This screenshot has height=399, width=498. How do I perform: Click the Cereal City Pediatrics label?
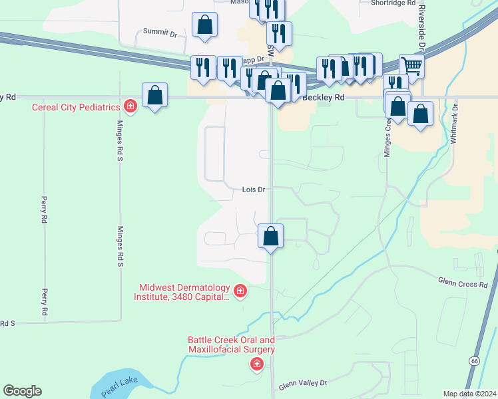click(x=77, y=107)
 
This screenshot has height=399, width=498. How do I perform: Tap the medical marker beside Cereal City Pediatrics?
click(x=130, y=106)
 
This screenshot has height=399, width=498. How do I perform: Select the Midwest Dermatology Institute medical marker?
click(x=240, y=291)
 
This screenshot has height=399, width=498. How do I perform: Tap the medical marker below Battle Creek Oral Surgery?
click(x=256, y=364)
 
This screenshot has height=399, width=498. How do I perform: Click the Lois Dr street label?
click(x=254, y=189)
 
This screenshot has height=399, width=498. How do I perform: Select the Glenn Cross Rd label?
click(x=463, y=284)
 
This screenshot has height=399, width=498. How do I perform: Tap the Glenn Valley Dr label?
click(x=303, y=383)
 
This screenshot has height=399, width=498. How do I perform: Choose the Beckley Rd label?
click(x=324, y=97)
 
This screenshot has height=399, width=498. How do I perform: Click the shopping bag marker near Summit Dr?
click(x=205, y=25)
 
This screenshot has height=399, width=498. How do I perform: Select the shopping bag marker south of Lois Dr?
click(x=271, y=236)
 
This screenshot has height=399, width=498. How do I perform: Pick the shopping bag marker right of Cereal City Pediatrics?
click(x=154, y=95)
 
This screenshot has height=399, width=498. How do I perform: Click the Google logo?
click(x=22, y=391)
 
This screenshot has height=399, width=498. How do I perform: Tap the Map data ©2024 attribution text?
click(x=470, y=393)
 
